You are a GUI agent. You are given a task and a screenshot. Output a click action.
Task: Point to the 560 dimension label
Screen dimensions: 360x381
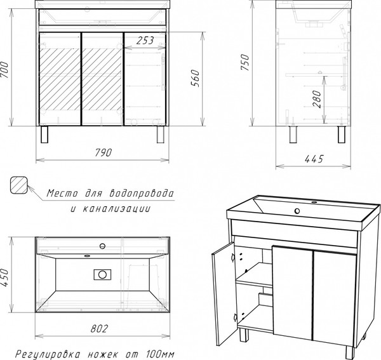tap(196, 77)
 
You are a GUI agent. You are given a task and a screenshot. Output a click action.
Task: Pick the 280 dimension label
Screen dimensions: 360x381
tap(317, 100)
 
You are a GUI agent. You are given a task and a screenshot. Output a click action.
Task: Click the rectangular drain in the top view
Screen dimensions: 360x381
tap(102, 275)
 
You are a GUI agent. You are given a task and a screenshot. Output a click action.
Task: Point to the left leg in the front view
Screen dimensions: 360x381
tap(45, 135)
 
